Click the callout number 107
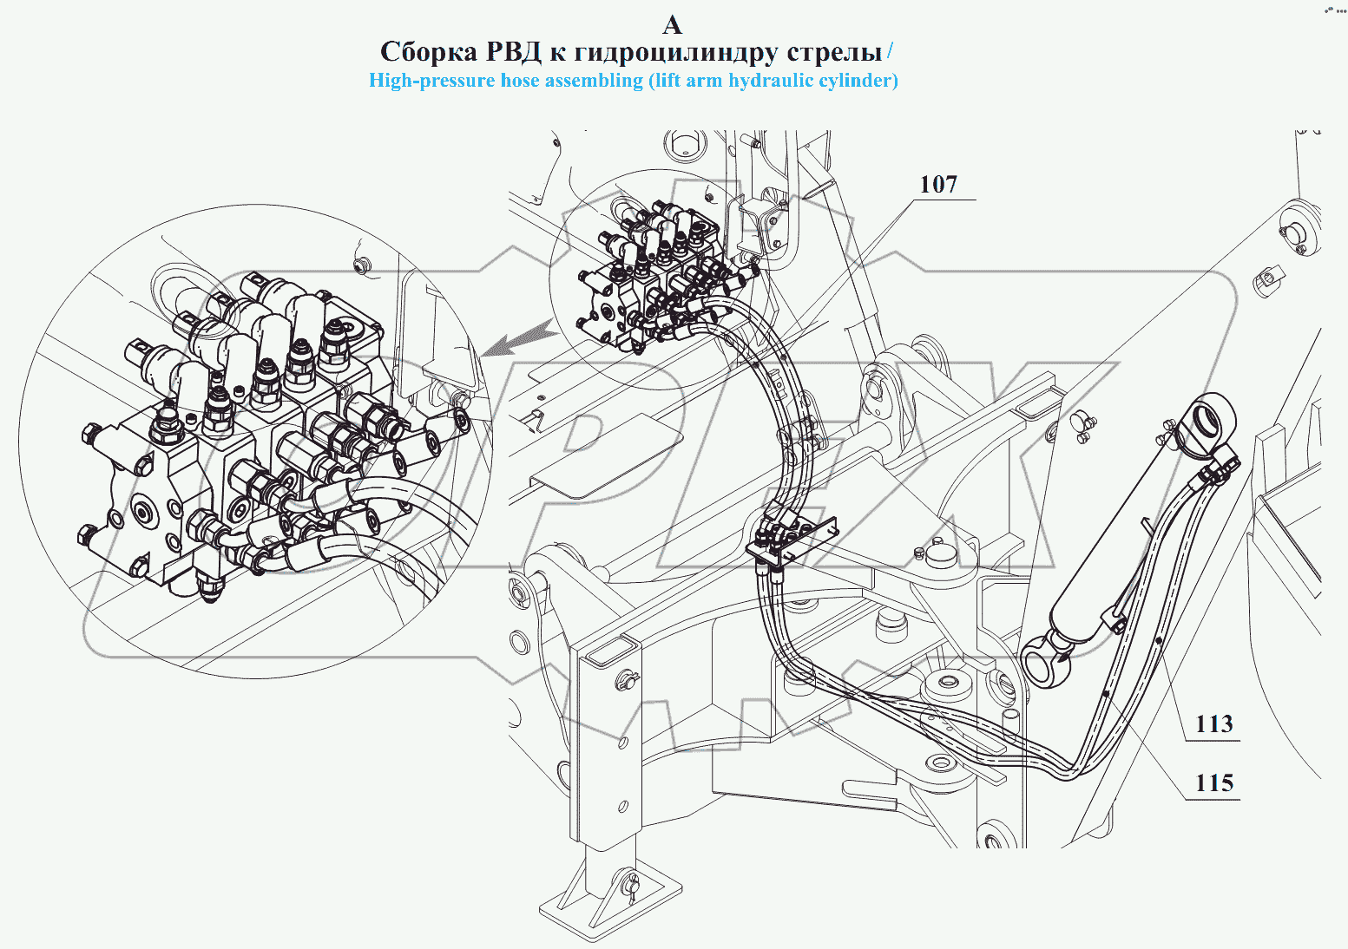[x=939, y=184]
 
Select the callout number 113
[x=1214, y=723]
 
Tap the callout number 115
[x=1214, y=782]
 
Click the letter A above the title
[x=672, y=25]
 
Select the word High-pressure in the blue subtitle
[x=431, y=81]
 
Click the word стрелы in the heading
[x=834, y=53]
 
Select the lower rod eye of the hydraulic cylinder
[x=1046, y=658]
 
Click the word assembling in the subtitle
[x=595, y=81]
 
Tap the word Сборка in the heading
[x=429, y=52]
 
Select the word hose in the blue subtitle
[x=520, y=81]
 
